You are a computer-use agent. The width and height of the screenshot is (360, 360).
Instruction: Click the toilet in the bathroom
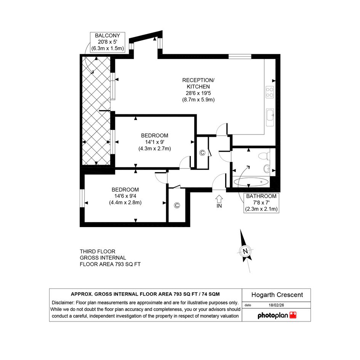coord(264,156)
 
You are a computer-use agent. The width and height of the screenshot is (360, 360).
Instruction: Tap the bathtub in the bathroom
coord(251,182)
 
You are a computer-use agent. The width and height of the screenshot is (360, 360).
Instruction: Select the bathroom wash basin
coord(267,169)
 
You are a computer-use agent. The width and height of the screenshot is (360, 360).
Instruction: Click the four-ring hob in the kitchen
coord(270,92)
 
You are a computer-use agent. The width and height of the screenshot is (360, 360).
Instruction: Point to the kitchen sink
coord(270,117)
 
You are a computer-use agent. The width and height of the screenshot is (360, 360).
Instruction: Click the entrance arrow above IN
coord(219,198)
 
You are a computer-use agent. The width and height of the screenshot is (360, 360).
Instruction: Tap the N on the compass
coord(245,251)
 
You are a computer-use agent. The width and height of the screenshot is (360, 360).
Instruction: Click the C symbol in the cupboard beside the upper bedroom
coord(202,153)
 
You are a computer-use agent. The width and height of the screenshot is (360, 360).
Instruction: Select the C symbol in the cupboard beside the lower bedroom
coord(177,205)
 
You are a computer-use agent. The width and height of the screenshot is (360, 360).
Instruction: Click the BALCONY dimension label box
coord(107,42)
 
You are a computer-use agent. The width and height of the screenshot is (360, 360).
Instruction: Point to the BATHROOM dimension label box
coord(261,203)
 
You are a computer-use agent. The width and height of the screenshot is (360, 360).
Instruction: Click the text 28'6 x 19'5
coord(198,93)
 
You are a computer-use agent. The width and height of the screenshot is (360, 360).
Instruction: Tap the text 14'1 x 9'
coord(155,142)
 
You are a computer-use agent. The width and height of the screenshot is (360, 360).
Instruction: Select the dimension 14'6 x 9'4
coord(125,196)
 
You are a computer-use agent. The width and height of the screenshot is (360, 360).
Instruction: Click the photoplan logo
coord(277,315)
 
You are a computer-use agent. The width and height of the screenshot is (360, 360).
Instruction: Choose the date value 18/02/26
coord(276,305)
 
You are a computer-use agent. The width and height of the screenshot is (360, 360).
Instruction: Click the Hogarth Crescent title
coord(277,295)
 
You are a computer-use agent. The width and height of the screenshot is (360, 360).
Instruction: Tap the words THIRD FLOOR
coord(98,251)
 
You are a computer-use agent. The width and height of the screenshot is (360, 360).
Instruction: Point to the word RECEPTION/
coord(198,80)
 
